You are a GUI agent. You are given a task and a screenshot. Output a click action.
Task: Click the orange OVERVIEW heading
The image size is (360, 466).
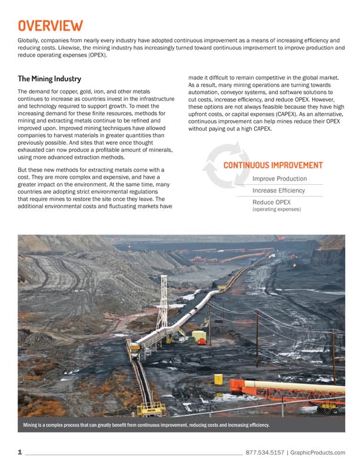[50, 25]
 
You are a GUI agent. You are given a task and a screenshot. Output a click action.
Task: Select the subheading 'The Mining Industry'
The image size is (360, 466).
[49, 79]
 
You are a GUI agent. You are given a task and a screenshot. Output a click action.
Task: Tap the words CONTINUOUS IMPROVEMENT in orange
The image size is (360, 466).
[273, 165]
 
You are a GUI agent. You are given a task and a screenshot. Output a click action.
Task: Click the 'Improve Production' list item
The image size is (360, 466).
[279, 179]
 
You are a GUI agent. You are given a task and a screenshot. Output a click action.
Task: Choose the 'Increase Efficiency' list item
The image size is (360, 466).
[279, 191]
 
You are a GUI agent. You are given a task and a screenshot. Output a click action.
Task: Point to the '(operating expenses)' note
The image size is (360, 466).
[276, 209]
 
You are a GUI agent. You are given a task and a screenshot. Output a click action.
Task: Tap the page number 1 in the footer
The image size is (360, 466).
[20, 452]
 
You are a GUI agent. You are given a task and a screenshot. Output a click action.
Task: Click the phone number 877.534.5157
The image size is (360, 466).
[264, 452]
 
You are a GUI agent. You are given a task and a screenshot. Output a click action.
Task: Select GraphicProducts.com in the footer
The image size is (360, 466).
[318, 452]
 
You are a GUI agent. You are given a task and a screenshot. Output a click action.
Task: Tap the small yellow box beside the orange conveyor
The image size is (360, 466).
[218, 379]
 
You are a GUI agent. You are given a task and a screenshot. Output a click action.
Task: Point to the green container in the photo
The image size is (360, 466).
[199, 336]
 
